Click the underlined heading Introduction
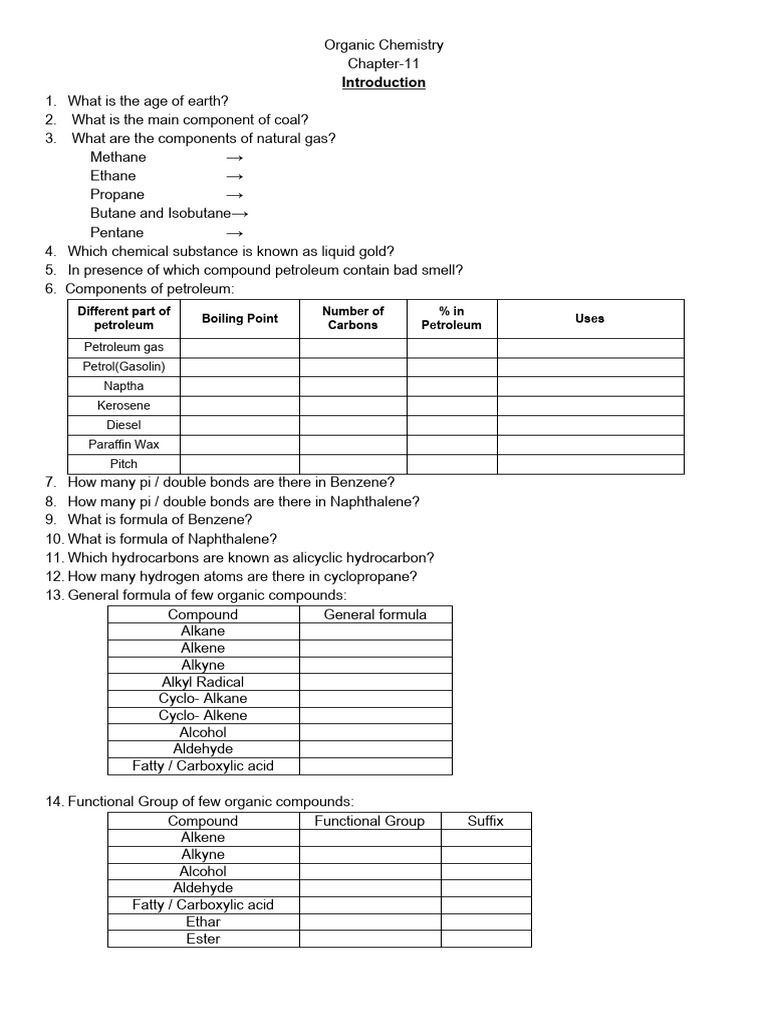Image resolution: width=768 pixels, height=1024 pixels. (383, 82)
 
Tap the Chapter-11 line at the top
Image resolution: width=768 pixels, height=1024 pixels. (383, 63)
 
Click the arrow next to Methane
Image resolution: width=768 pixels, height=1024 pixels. (234, 157)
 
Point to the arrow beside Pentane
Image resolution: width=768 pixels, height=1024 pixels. (234, 233)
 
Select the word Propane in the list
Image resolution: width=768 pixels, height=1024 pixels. (117, 195)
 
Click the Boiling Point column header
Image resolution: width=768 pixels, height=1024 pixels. (239, 319)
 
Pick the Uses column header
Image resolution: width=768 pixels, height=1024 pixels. (590, 319)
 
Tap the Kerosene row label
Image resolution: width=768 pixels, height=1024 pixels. (124, 406)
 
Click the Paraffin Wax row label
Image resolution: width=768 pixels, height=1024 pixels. (124, 445)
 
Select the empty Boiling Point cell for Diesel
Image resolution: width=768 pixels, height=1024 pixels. (239, 425)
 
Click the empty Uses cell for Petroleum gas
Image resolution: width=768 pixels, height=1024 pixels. (590, 348)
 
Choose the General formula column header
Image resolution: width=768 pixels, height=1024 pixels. (375, 615)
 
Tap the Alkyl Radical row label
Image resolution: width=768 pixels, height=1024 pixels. (203, 682)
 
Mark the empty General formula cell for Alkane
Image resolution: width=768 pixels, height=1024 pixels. (375, 632)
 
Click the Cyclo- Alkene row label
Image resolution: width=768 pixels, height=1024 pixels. (203, 716)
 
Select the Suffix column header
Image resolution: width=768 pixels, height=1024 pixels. (486, 821)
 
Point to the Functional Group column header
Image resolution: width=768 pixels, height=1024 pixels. (370, 821)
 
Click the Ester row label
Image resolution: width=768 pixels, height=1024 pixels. (203, 939)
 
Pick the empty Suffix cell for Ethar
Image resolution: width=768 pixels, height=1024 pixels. (486, 922)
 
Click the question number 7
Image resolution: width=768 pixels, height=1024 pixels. (50, 482)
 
